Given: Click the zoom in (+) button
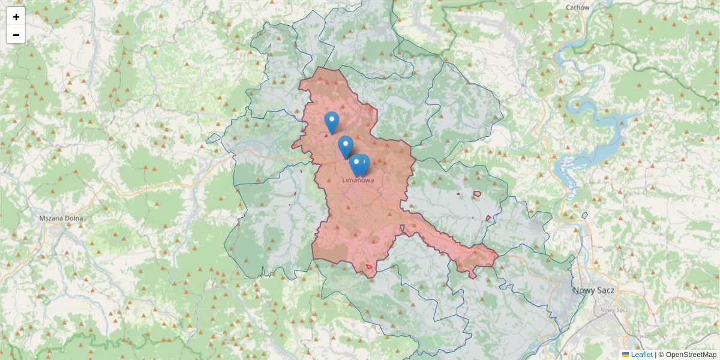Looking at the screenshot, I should pyautogui.click(x=16, y=17).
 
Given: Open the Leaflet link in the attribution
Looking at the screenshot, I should pyautogui.click(x=641, y=355).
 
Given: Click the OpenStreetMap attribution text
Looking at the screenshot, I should pyautogui.click(x=691, y=355).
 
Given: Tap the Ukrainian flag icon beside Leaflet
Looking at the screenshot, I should pyautogui.click(x=625, y=355).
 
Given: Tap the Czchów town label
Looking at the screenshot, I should pyautogui.click(x=578, y=7).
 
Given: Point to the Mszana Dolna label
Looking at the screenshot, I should pyautogui.click(x=61, y=218).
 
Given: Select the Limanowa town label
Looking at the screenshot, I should pyautogui.click(x=358, y=179).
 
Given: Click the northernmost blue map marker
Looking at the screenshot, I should pyautogui.click(x=331, y=121).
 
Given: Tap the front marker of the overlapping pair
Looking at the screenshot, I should pyautogui.click(x=356, y=164).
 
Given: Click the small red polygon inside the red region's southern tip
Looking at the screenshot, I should pyautogui.click(x=369, y=265).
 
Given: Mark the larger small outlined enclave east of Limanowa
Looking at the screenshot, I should pyautogui.click(x=478, y=194).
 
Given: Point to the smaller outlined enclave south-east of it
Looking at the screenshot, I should pyautogui.click(x=488, y=218).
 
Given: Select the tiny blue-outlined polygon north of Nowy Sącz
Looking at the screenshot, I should pyautogui.click(x=585, y=215).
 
